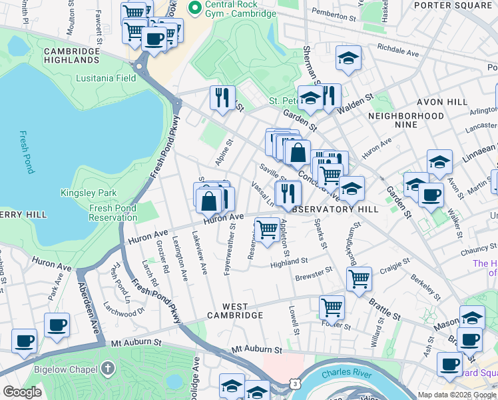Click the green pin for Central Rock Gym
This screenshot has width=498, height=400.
point(194,9)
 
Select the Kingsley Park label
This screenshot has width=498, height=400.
point(89,193)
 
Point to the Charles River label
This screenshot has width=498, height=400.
point(345,374)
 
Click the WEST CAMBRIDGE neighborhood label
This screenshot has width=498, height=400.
point(235,315)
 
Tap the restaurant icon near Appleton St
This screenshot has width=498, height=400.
point(288,193)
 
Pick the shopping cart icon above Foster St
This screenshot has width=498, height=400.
point(332,307)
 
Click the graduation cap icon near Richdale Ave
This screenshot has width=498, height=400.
point(348,58)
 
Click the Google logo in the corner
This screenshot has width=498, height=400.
point(23,392)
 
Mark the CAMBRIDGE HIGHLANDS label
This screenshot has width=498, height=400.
point(71,55)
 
